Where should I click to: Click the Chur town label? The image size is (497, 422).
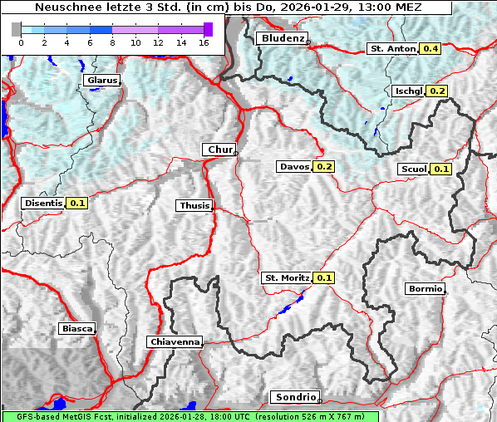pyautogui.click(x=219, y=150)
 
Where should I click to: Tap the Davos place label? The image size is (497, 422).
pyautogui.click(x=294, y=167)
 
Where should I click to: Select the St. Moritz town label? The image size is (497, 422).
pyautogui.click(x=286, y=277)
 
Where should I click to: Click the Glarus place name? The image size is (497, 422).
pyautogui.click(x=101, y=81)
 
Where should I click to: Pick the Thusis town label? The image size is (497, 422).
pyautogui.click(x=194, y=205)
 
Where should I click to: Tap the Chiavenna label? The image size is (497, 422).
pyautogui.click(x=175, y=341)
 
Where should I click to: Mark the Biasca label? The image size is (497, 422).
pyautogui.click(x=76, y=328)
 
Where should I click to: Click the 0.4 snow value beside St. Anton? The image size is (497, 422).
pyautogui.click(x=431, y=49)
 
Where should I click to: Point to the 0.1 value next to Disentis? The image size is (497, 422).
pyautogui.click(x=77, y=203)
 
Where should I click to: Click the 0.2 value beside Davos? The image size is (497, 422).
pyautogui.click(x=324, y=167)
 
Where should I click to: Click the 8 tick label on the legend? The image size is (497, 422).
pyautogui.click(x=113, y=42)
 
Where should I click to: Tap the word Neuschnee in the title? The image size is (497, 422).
pyautogui.click(x=63, y=7)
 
